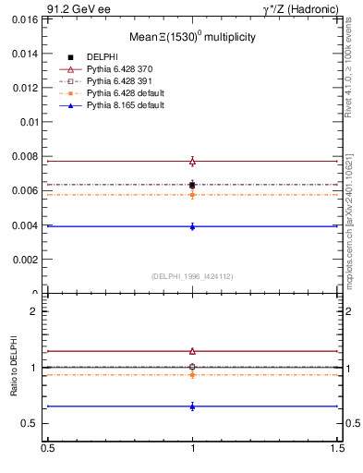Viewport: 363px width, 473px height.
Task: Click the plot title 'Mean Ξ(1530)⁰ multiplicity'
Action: pos(192,37)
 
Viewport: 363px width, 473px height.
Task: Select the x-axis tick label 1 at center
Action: pos(192,449)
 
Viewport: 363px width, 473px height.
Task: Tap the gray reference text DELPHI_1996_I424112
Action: pos(192,275)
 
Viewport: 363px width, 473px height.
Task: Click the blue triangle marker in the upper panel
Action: pos(192,226)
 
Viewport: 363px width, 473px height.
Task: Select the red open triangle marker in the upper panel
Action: pos(192,161)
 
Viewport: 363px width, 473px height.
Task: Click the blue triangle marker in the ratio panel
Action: pos(192,406)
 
